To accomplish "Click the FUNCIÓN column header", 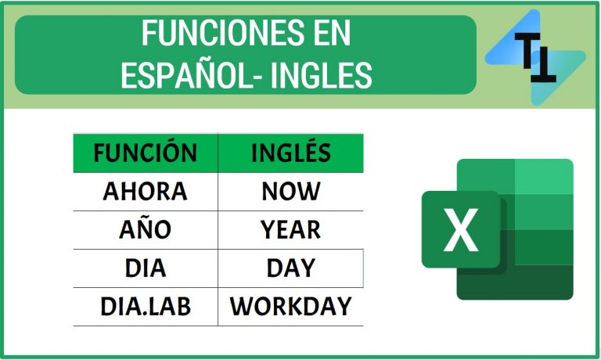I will (146, 153).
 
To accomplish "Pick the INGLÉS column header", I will (291, 153).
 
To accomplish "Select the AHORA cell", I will (146, 192).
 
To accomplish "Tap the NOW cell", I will (291, 192).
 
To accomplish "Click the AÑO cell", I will (146, 230).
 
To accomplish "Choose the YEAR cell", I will (291, 230).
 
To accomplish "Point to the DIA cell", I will (146, 268).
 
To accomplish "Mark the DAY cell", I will (291, 268).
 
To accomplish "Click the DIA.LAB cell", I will (146, 307).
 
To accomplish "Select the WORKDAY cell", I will (291, 307).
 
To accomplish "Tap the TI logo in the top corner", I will (535, 57).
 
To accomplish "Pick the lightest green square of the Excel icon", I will (545, 178).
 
